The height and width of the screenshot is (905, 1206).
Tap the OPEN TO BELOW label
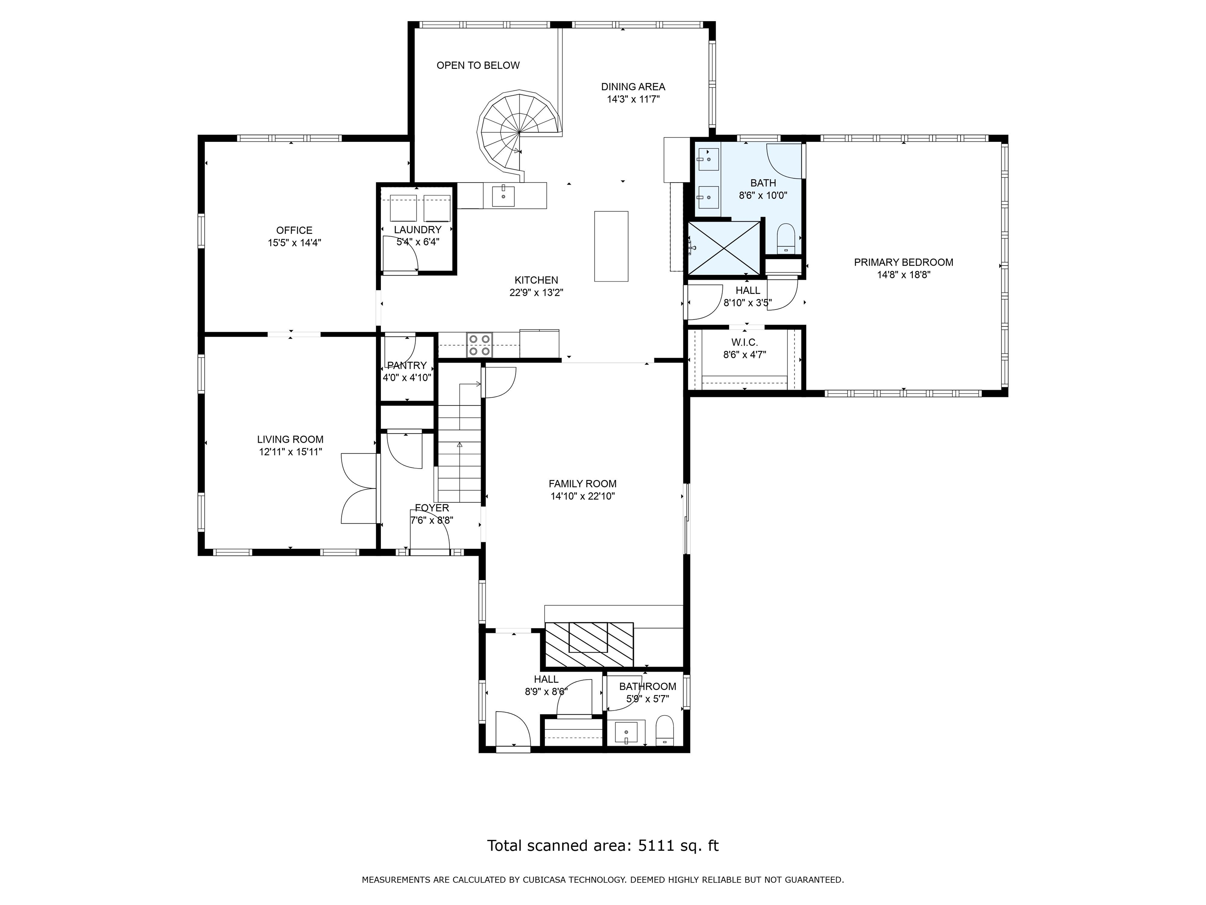478,66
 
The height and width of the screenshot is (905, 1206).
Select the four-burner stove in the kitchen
479,345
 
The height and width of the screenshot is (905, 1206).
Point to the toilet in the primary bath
785,238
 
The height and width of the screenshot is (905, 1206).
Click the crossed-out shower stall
724,248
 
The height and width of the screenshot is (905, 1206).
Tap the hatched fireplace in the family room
589,645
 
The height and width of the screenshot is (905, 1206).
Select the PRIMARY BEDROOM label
903,262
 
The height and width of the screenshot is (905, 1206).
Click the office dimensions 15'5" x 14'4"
294,243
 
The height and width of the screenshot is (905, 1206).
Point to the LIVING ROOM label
290,439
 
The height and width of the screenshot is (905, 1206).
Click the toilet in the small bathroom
665,731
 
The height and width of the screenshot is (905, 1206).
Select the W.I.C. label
744,343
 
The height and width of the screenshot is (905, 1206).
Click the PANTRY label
407,365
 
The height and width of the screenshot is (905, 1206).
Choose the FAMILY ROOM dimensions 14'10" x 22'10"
582,496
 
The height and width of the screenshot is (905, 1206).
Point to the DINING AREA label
633,87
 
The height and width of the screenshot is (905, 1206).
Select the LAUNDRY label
418,230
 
